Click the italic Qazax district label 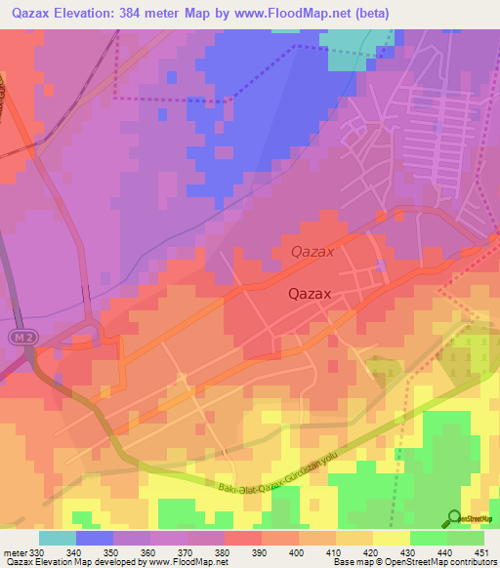[x=312, y=252]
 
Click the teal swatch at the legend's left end [x=57, y=538]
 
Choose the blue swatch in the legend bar [x=94, y=538]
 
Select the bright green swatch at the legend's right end [x=465, y=538]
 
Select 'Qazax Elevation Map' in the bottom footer [x=43, y=562]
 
